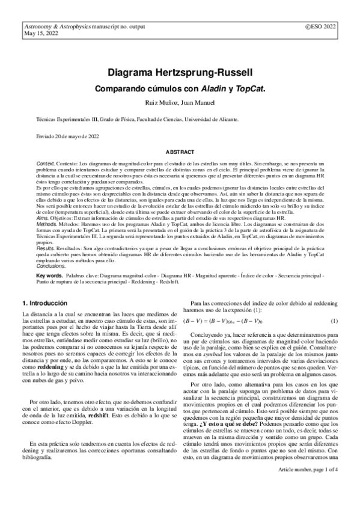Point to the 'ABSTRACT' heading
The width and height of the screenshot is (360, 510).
180,153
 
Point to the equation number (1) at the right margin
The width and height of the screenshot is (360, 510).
334,321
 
